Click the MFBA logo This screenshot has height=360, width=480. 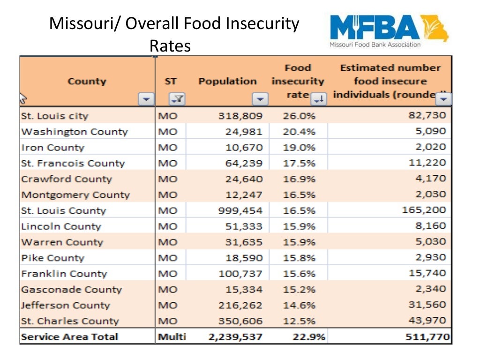coord(389,30)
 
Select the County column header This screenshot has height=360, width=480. coord(87,81)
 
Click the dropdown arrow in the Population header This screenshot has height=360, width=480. coord(260,99)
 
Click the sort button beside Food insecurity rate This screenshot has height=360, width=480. coord(319,98)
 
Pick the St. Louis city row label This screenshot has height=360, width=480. coord(54,116)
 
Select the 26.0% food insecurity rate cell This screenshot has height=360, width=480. coord(299,116)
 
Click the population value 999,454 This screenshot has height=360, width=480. coord(240,210)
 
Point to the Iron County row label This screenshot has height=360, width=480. coord(52,147)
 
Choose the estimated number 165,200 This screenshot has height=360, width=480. coord(424,210)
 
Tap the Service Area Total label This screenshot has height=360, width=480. coord(69,337)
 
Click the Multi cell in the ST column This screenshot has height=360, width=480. coord(172,337)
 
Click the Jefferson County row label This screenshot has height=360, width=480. coord(65,305)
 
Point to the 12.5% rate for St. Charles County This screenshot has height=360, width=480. coord(299,321)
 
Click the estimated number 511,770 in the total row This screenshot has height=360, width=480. coord(427,337)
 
